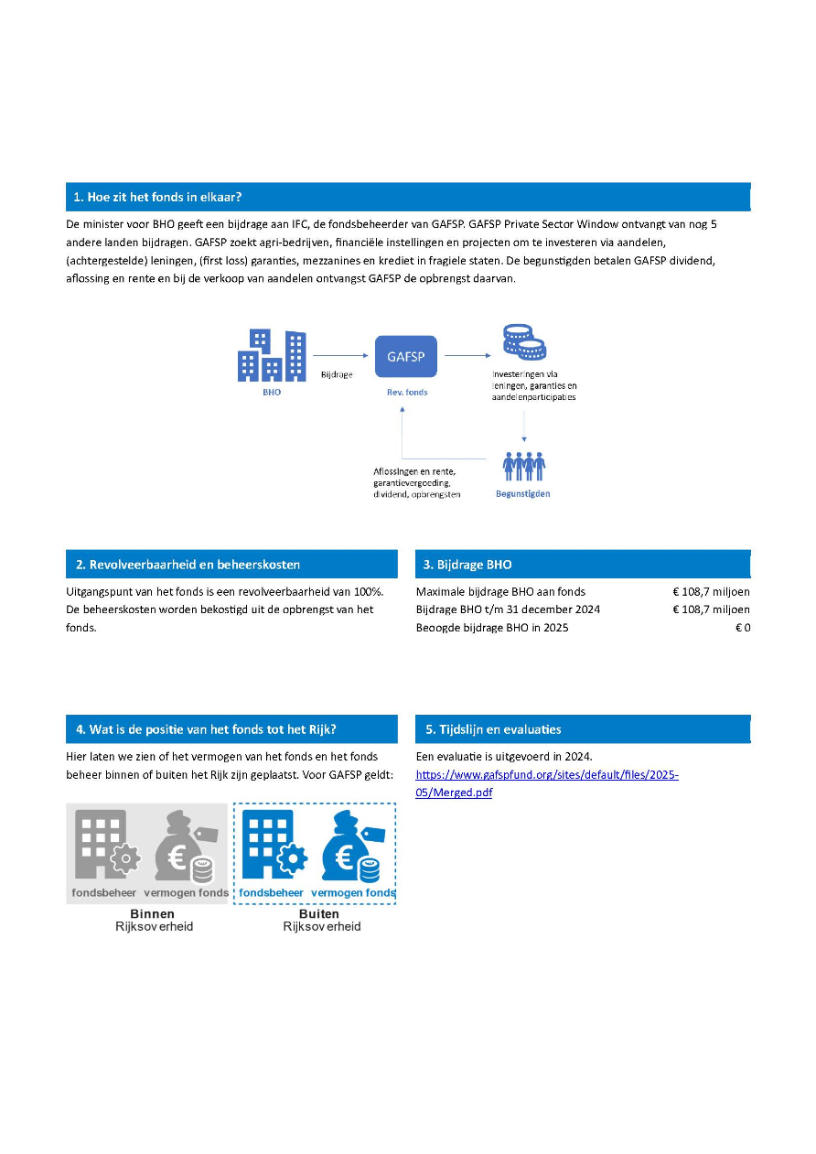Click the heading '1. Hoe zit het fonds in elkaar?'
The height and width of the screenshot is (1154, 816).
click(157, 197)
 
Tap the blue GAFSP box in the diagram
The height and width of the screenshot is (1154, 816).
click(405, 356)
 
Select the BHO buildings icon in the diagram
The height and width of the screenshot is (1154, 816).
click(272, 356)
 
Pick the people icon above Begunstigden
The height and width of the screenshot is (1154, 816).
click(524, 465)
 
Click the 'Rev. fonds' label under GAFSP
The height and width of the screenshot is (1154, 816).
click(406, 393)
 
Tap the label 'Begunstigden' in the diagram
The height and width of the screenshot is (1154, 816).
click(523, 494)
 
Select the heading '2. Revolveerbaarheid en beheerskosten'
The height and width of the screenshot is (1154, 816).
click(188, 565)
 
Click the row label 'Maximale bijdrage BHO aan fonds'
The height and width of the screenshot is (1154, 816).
click(500, 592)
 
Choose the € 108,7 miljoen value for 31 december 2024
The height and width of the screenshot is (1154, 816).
click(711, 609)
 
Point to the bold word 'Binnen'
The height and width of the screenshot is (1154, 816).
click(152, 913)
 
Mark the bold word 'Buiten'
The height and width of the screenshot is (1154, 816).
click(319, 913)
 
